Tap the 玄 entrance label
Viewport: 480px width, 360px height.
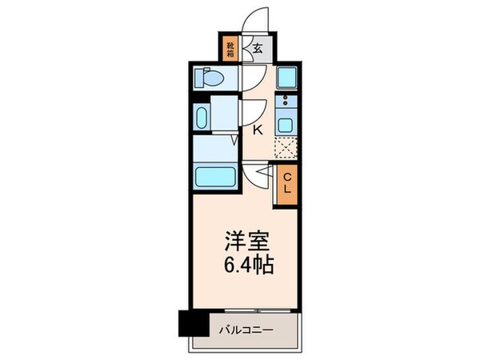point(258,48)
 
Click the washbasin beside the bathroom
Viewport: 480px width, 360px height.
point(202,114)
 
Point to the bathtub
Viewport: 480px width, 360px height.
point(214,175)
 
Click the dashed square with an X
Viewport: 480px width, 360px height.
point(285,148)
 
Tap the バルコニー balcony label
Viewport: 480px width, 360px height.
point(244,328)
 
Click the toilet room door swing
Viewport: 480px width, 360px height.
point(251,78)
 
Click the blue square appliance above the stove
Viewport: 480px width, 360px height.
point(286,78)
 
